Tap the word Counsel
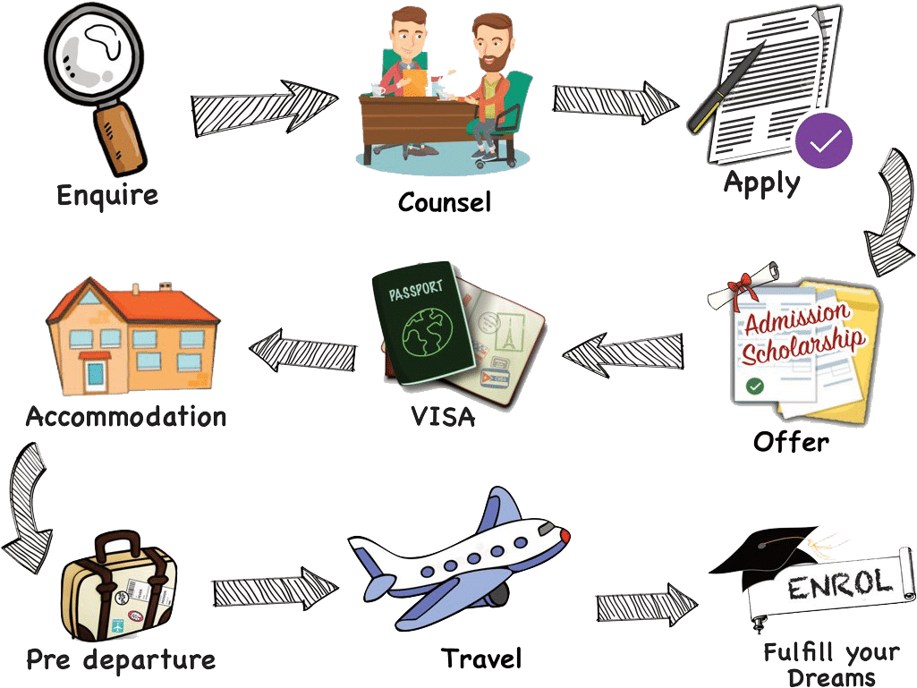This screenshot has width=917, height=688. click(x=445, y=201)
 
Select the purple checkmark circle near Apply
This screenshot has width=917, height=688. click(x=824, y=140)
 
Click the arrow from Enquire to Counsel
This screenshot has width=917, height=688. click(x=263, y=106)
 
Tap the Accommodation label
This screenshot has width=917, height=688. click(x=125, y=416)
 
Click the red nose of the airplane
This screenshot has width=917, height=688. click(x=565, y=534)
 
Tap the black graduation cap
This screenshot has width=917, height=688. click(x=765, y=549)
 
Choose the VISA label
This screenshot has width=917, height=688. click(x=444, y=416)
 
